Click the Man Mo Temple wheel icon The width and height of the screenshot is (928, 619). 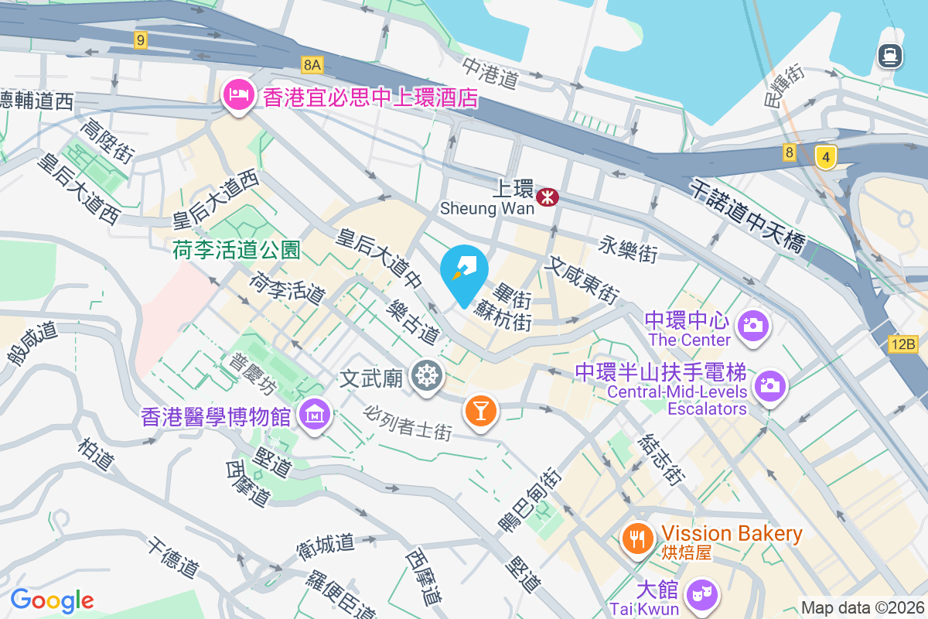(x=426, y=376)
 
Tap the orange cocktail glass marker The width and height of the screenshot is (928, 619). (x=480, y=410)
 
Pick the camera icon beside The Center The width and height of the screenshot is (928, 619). (x=752, y=325)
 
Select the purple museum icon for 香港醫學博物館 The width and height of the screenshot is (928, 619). (x=316, y=416)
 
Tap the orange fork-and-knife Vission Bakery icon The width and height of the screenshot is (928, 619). (x=637, y=539)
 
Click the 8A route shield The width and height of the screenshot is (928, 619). (x=312, y=64)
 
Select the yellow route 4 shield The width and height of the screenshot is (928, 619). (x=826, y=158)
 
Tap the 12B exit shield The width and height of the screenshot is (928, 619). (x=902, y=344)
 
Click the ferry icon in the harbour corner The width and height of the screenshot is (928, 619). (x=890, y=54)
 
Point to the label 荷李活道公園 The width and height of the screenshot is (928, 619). (x=236, y=250)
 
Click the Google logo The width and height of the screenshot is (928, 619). (x=52, y=600)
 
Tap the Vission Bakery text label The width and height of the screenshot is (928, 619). (x=732, y=534)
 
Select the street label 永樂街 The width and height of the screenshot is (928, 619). (x=629, y=249)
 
